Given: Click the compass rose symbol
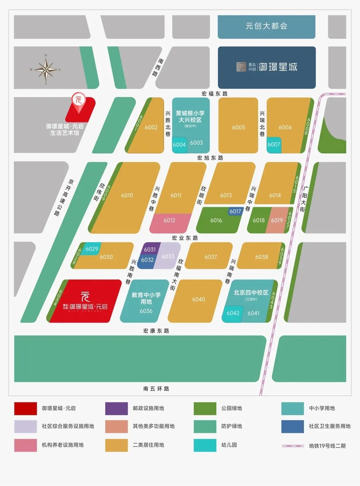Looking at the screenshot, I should [x=46, y=70].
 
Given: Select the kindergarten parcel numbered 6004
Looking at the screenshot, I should [x=179, y=145].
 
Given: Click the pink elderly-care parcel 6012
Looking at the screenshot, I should [x=170, y=221].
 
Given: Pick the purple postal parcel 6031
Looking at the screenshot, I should [x=150, y=249].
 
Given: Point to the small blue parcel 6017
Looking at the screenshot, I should [x=235, y=211].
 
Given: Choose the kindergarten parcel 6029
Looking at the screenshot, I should [x=92, y=249].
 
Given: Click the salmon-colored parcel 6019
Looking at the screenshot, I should [x=277, y=220].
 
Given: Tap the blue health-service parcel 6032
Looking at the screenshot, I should [x=147, y=260].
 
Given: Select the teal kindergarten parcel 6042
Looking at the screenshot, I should [x=233, y=314].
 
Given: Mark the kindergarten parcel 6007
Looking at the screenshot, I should [x=274, y=145].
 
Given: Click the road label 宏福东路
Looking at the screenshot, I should [x=214, y=94].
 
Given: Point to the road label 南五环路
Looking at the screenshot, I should [x=156, y=389].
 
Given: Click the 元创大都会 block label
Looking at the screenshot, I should [x=266, y=26].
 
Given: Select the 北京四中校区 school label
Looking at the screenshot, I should [x=251, y=293].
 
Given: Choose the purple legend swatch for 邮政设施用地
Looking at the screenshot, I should [x=116, y=409].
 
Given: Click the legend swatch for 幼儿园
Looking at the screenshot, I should [x=205, y=445].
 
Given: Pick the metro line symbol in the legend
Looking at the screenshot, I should [x=293, y=446].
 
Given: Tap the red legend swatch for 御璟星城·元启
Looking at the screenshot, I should [x=25, y=409].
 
